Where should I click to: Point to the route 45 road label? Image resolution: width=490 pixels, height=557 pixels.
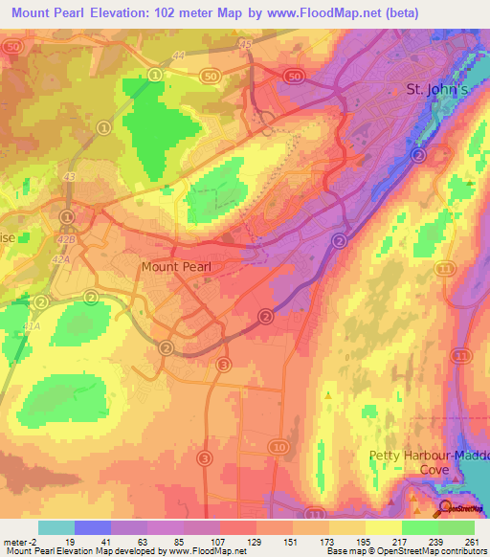point(246,44)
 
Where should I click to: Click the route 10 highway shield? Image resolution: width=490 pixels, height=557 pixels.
point(278,447)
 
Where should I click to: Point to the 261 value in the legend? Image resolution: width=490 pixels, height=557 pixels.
point(471,542)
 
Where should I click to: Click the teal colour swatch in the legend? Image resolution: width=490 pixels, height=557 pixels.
point(56,527)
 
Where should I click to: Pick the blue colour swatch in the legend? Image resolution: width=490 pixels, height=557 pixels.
point(93,527)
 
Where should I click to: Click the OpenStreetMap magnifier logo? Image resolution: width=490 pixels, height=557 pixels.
point(446,509)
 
